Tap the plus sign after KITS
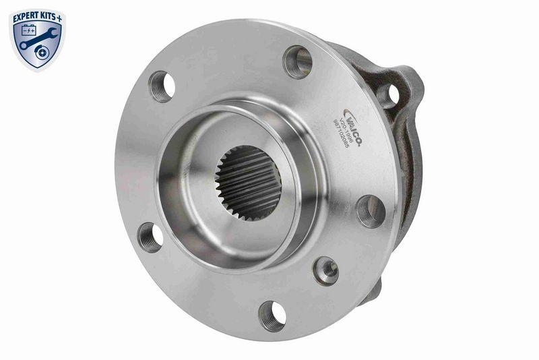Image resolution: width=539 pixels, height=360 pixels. (62, 13)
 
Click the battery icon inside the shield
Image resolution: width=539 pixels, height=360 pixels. (30, 31)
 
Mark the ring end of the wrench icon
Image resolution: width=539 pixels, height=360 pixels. (25, 45)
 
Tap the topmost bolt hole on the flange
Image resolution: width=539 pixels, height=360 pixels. (297, 62)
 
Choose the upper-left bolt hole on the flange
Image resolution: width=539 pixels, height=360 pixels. (162, 86)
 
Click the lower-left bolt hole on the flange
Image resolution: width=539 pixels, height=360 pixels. (150, 237)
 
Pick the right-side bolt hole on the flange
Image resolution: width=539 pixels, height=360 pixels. (371, 211)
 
